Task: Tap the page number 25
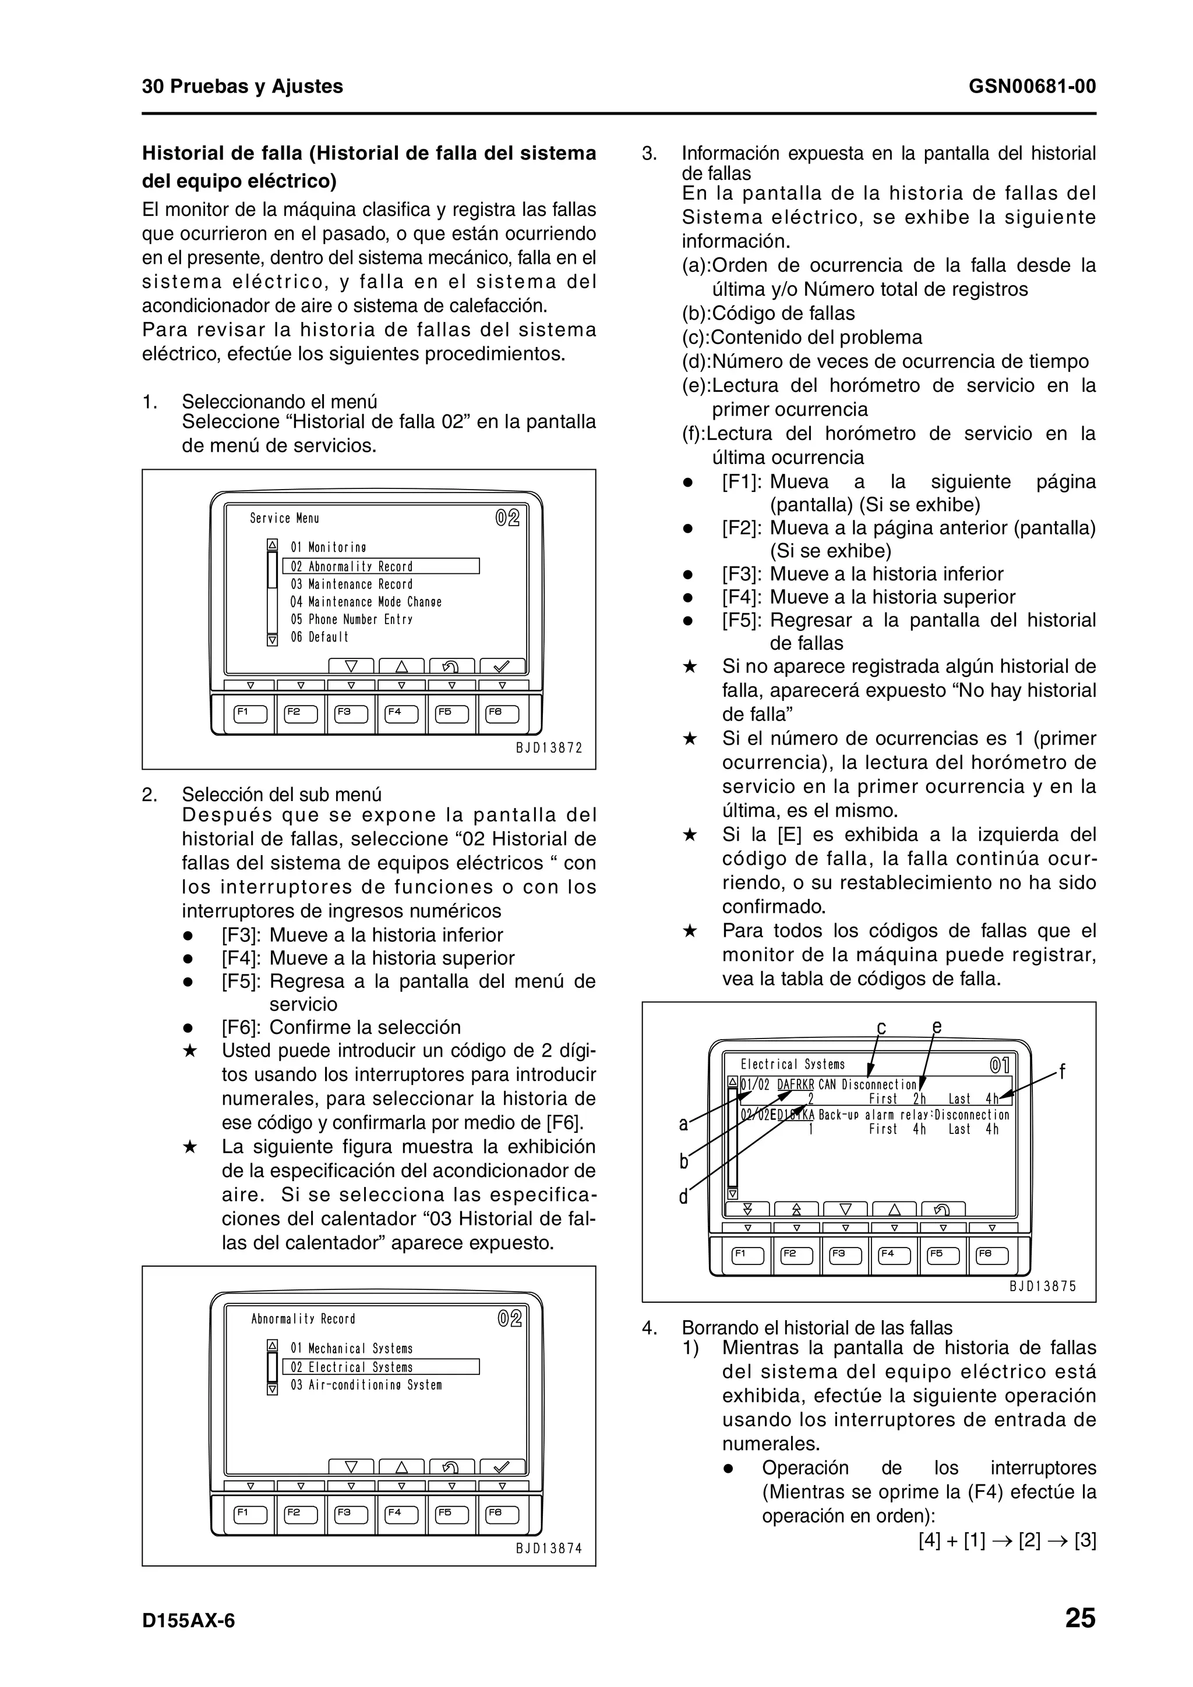coord(1079,1618)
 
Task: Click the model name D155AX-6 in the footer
coord(188,1620)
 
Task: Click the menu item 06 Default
coord(319,637)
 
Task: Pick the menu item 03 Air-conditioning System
coord(366,1385)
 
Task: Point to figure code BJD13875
coord(1042,1286)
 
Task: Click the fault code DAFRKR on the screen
coord(795,1084)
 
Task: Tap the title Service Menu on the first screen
coord(284,518)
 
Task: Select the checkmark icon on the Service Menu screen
coord(502,667)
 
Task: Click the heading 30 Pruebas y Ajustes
coord(242,87)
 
